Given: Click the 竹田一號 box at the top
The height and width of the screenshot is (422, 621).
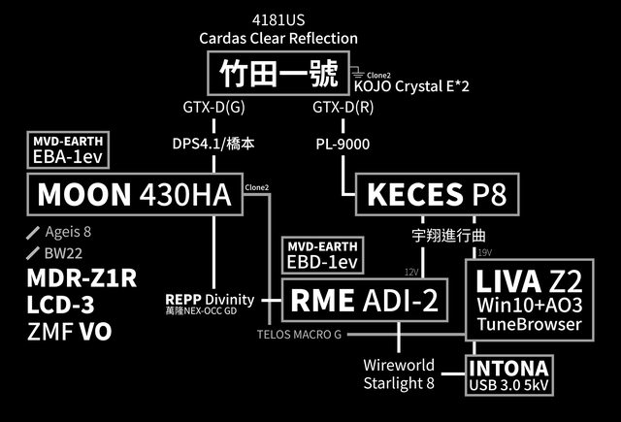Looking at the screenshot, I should click(x=278, y=73).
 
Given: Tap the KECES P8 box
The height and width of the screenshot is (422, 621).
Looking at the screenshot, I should click(x=437, y=194).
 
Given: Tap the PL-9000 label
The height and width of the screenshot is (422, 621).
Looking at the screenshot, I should click(x=343, y=143).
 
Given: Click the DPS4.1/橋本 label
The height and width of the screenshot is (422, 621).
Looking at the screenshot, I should click(x=212, y=143).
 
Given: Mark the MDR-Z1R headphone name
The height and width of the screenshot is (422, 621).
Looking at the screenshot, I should click(x=82, y=277).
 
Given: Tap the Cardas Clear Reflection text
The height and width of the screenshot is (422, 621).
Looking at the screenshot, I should click(x=278, y=38).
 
